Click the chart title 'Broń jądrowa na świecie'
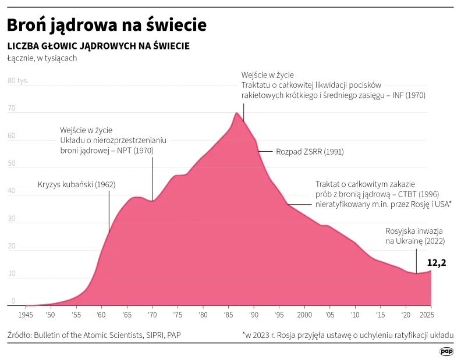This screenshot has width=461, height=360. tap(107, 25)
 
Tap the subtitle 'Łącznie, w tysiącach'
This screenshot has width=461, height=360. tap(42, 58)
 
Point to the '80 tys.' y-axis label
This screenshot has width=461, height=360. tap(18, 81)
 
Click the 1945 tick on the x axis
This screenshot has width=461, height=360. tap(26, 315)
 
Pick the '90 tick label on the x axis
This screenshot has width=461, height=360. tap(254, 315)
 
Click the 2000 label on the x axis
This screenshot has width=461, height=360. tap(304, 315)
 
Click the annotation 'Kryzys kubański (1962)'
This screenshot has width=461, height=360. tap(76, 185)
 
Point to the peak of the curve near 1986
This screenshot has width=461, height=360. tap(236, 113)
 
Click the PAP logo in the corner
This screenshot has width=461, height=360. tap(446, 351)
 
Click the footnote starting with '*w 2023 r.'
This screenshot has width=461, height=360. tap(348, 336)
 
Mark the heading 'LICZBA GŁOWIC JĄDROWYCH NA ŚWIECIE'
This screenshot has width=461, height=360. tap(98, 46)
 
